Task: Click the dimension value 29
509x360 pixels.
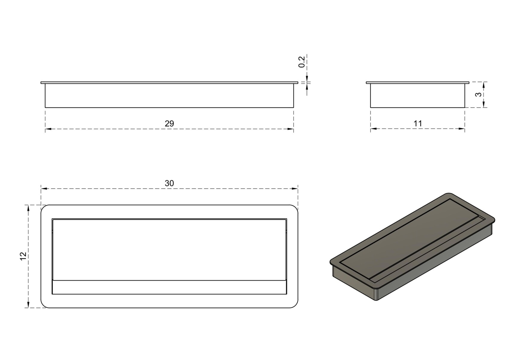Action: (x=169, y=124)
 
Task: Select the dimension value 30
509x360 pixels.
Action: (x=169, y=183)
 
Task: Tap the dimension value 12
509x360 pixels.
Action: (x=23, y=256)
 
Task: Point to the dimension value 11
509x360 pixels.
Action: (x=418, y=124)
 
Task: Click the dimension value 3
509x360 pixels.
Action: (x=478, y=94)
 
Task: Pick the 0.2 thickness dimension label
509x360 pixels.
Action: (x=302, y=62)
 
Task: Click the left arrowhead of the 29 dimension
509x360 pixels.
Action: (x=48, y=129)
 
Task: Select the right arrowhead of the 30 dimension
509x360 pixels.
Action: (x=295, y=188)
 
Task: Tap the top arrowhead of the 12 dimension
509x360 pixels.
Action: (x=28, y=208)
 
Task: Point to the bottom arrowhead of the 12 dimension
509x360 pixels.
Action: (x=28, y=305)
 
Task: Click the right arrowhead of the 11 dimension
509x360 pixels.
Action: (x=462, y=129)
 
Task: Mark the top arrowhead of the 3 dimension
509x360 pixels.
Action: (x=484, y=85)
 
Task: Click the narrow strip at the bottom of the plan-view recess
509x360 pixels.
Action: (x=169, y=287)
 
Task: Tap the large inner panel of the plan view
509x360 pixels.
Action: (x=169, y=250)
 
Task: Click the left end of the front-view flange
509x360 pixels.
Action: (x=41, y=82)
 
